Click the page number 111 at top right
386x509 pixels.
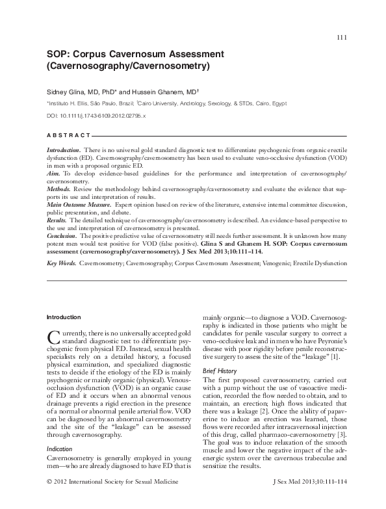pyautogui.click(x=342, y=37)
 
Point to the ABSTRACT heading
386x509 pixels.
pyautogui.click(x=68, y=135)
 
